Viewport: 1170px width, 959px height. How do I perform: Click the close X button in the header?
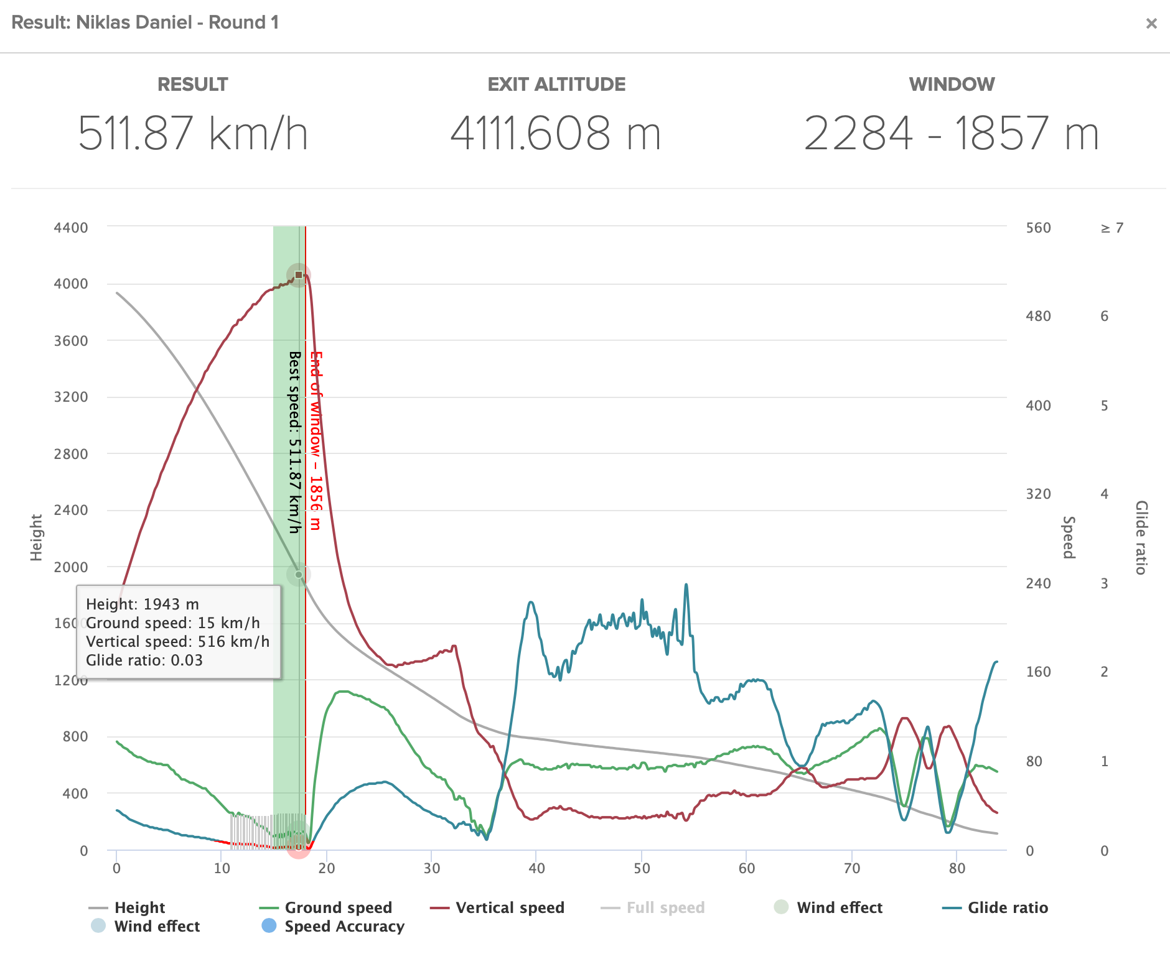coord(1151,24)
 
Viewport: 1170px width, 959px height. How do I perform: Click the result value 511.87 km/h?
coord(193,133)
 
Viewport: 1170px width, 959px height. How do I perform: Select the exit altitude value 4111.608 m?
coord(555,133)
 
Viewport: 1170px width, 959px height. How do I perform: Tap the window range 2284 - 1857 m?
coord(951,133)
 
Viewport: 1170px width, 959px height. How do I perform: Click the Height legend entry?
coord(139,907)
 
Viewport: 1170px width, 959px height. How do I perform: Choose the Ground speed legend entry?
coord(338,907)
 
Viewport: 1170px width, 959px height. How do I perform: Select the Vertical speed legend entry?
coord(510,907)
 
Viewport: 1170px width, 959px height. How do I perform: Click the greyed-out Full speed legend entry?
coord(665,907)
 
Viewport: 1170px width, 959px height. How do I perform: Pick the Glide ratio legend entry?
coord(1008,907)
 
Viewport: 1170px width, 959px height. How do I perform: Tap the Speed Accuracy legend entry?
coord(344,926)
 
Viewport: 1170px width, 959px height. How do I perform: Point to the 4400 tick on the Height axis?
coord(71,228)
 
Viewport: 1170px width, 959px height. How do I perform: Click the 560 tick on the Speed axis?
coord(1038,228)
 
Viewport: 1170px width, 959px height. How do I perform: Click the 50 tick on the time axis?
coord(642,868)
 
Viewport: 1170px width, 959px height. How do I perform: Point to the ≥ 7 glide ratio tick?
coord(1112,228)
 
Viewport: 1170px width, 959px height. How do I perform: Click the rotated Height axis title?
coord(36,537)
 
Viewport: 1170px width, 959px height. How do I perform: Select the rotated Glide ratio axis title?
coord(1141,537)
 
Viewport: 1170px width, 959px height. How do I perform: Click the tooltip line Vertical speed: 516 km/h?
coord(177,641)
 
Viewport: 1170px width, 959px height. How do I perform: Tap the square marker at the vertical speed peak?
coord(299,275)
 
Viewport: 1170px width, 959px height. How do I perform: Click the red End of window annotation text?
coord(316,440)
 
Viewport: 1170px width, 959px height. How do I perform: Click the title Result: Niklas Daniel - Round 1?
coord(145,22)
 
